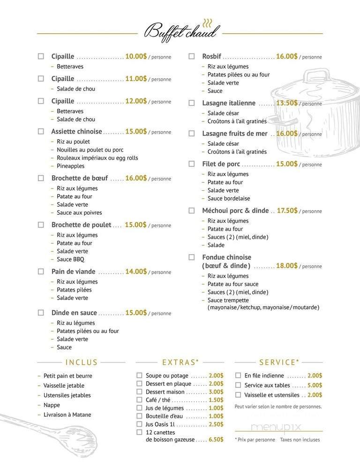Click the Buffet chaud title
[x=181, y=33]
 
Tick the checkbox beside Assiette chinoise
[x=41, y=131]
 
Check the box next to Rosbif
[x=191, y=56]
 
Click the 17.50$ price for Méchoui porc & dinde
[x=287, y=210]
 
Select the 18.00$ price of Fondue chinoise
[x=287, y=265]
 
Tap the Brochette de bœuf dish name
[x=80, y=178]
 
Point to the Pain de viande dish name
[x=74, y=271]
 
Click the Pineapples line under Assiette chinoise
[x=70, y=166]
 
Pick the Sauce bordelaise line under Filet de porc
[x=229, y=198]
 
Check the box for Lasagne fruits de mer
[x=191, y=133]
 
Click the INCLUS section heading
[x=82, y=362]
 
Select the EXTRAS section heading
[x=180, y=362]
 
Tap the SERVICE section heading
[x=279, y=362]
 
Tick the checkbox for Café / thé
[x=139, y=400]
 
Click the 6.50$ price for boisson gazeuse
[x=216, y=440]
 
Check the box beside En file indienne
[x=238, y=376]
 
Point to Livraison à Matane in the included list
[x=67, y=415]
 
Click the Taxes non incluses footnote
[x=300, y=440]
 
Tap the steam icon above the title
[x=208, y=23]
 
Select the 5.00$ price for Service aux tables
[x=315, y=385]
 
